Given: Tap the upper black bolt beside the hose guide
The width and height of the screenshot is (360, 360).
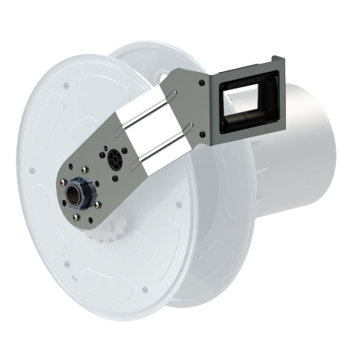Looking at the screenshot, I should click(201, 83).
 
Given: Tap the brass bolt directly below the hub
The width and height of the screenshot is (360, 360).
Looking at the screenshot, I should click(75, 217).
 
